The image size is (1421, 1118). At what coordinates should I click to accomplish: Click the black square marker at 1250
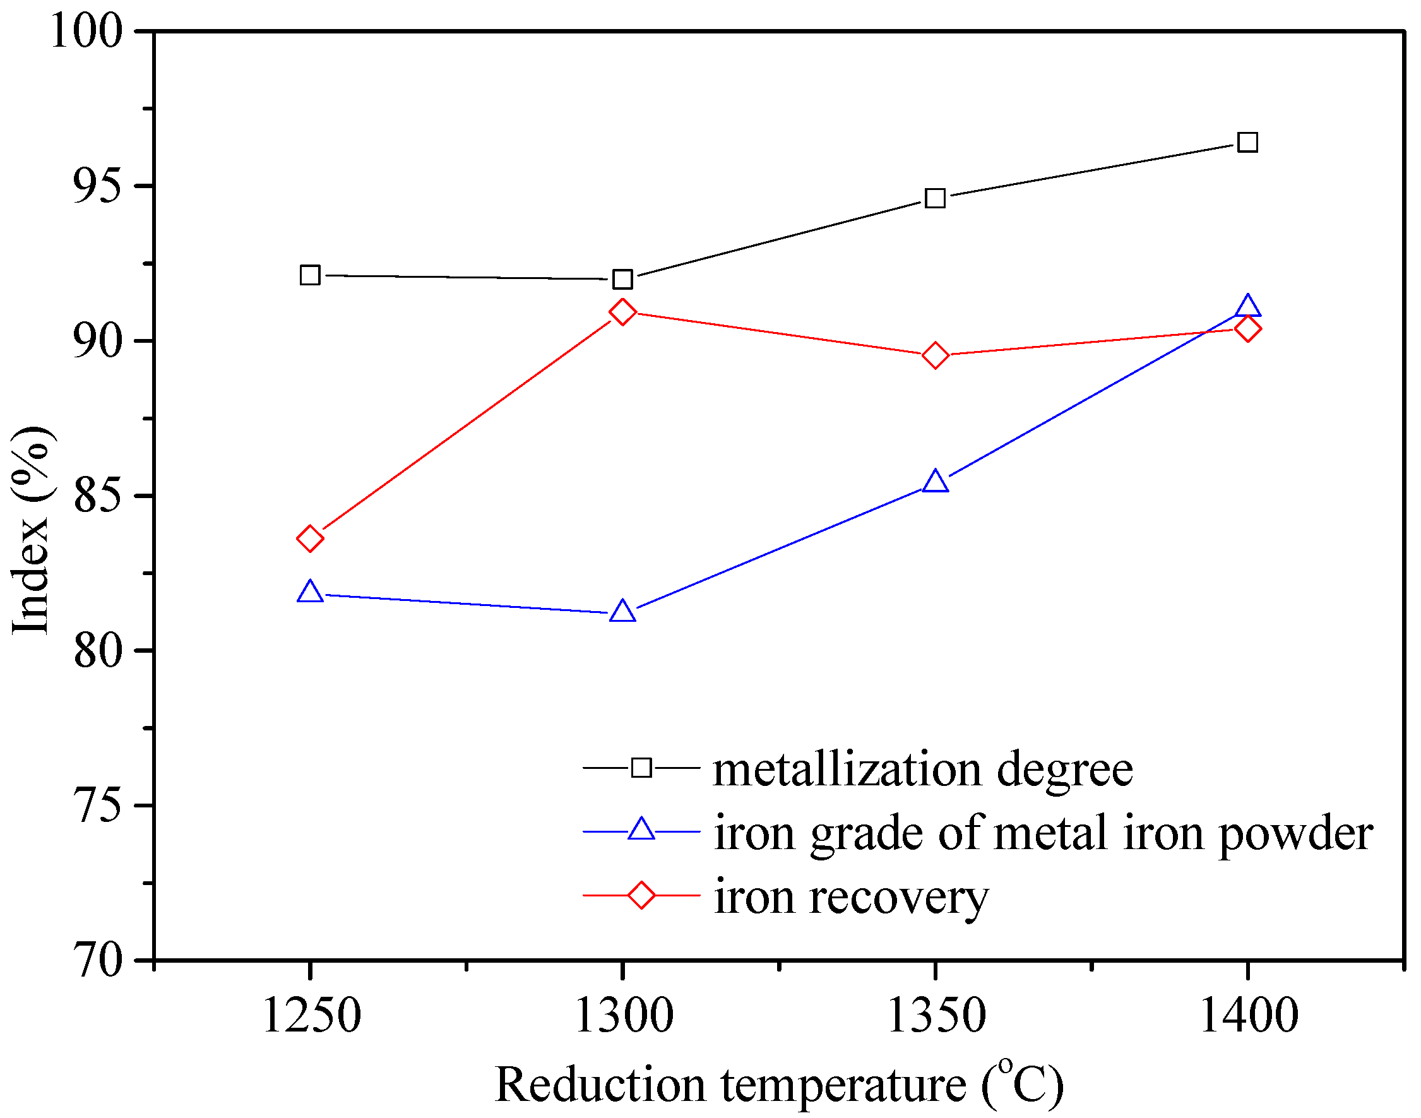coord(309,276)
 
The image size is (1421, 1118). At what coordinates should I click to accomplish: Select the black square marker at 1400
coord(1247,142)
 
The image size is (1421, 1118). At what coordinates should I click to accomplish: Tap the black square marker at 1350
coord(936,198)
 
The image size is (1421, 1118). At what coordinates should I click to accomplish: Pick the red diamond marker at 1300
coord(622,312)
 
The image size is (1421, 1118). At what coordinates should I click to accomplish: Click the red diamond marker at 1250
coord(309,538)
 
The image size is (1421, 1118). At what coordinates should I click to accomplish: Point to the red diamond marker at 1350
coord(936,355)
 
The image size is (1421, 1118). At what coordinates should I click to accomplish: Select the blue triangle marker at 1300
coord(622,612)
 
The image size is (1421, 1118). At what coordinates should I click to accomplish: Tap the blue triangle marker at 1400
coord(1247,306)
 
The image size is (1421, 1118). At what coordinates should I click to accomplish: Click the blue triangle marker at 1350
coord(936,482)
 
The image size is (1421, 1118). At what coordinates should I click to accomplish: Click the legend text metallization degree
coord(923,769)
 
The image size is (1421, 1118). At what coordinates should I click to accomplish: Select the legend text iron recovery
coord(851,897)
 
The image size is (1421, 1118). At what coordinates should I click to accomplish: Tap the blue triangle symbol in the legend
coord(641,830)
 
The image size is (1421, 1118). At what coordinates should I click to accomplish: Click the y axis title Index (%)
coord(31,530)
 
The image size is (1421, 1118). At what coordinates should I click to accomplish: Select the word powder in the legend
coord(1295,833)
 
